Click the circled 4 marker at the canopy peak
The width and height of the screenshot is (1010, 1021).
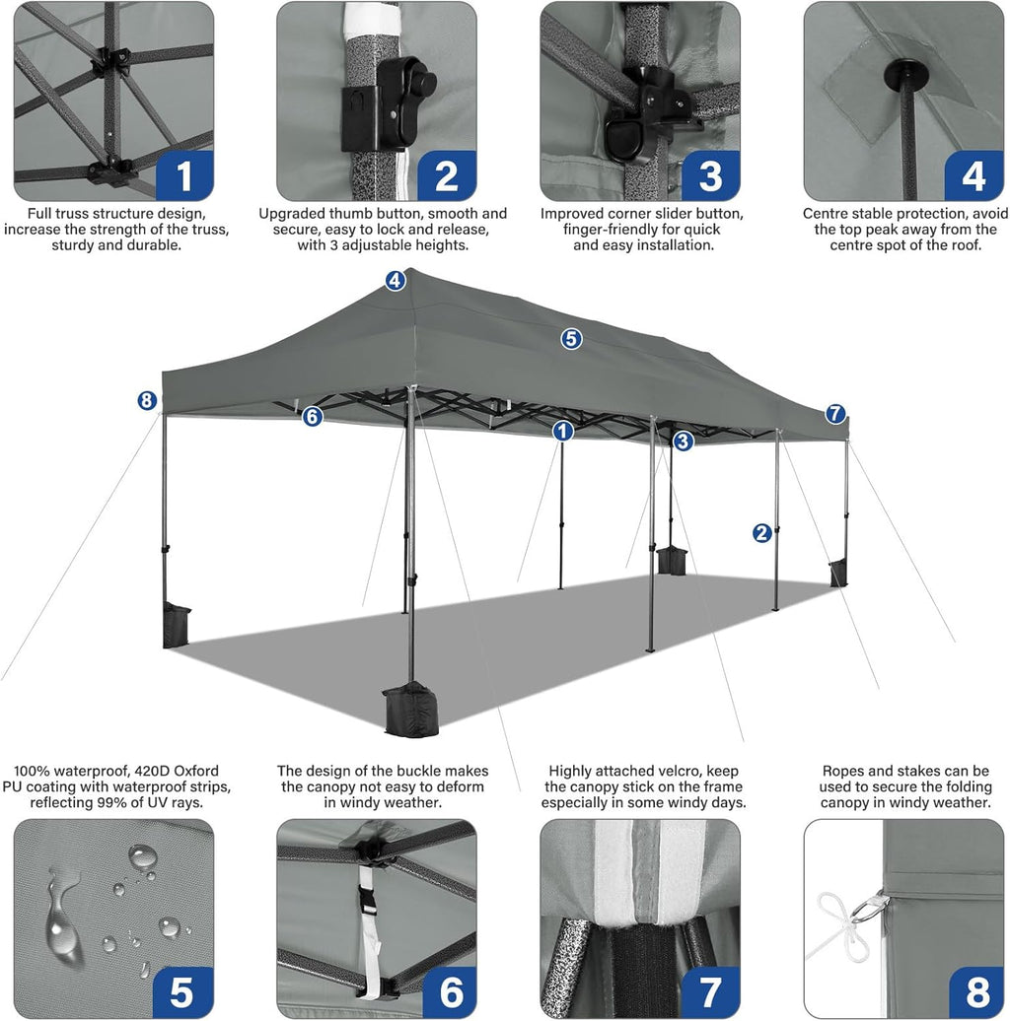(x=396, y=281)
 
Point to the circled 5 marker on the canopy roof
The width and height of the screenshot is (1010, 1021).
(x=571, y=339)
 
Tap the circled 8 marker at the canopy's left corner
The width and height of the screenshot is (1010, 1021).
(x=147, y=400)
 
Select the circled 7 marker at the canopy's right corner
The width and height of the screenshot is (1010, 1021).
(x=835, y=414)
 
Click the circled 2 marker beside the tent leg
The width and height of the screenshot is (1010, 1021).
(x=761, y=533)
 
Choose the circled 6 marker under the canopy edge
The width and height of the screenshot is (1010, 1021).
(x=313, y=416)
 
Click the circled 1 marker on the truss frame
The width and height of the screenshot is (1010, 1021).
(x=562, y=431)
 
